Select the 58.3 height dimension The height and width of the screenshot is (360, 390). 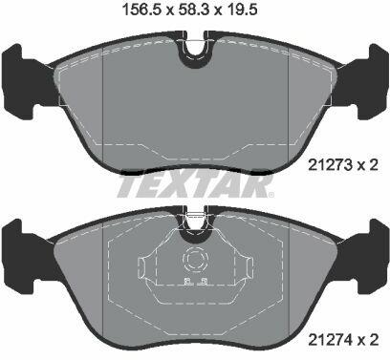point(194,10)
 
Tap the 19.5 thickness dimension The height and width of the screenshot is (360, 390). point(241,10)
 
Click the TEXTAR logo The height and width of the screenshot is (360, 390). point(195,185)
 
